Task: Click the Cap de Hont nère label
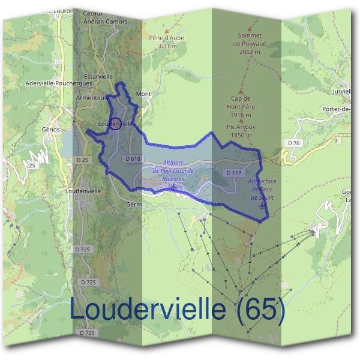[x=242, y=106]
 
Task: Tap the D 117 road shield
[x=233, y=173]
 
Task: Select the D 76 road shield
[x=293, y=143]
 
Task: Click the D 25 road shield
[x=82, y=160]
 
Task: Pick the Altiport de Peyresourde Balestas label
[x=173, y=170]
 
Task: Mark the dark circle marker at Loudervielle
[x=118, y=123]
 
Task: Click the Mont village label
[x=143, y=95]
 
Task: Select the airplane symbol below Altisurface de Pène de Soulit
[x=262, y=206]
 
